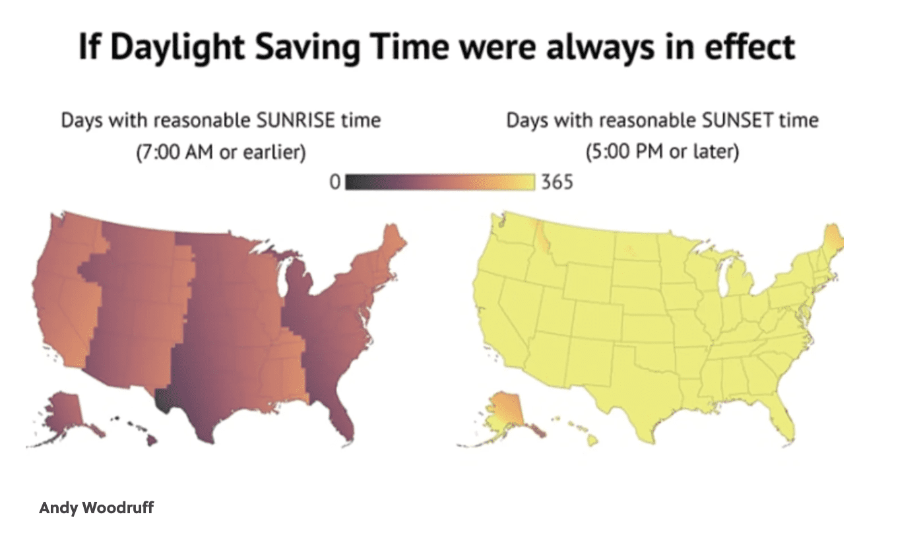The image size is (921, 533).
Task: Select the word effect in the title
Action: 749,47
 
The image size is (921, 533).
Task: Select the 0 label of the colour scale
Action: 335,182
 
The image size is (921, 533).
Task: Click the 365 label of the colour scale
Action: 557,182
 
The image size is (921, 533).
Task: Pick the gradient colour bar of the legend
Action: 440,182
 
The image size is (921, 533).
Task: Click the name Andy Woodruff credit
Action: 96,507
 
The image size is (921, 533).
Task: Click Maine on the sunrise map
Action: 393,243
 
